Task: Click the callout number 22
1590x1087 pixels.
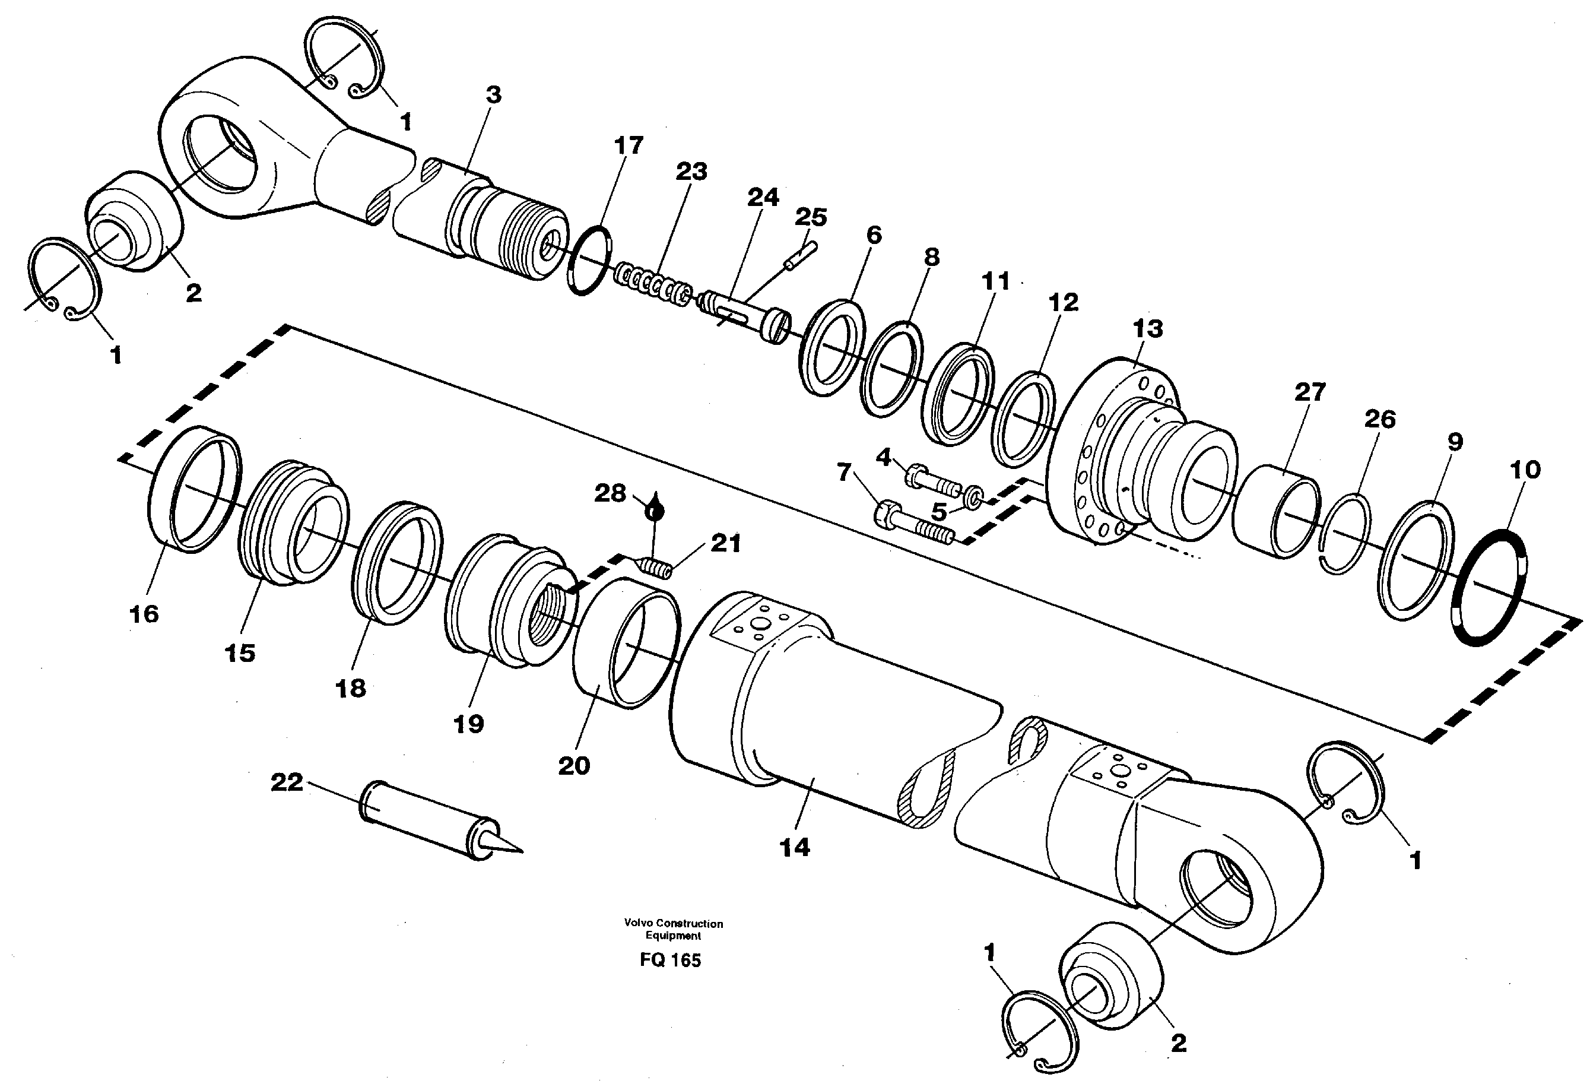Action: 286,782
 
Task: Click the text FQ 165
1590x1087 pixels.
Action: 671,961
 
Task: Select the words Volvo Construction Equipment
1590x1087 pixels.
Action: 673,929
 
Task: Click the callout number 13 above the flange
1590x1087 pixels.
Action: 1147,329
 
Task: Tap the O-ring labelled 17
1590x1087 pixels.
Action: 589,260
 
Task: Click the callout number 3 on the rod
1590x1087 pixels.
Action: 493,95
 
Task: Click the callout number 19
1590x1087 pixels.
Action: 469,724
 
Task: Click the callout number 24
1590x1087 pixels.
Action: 763,198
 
